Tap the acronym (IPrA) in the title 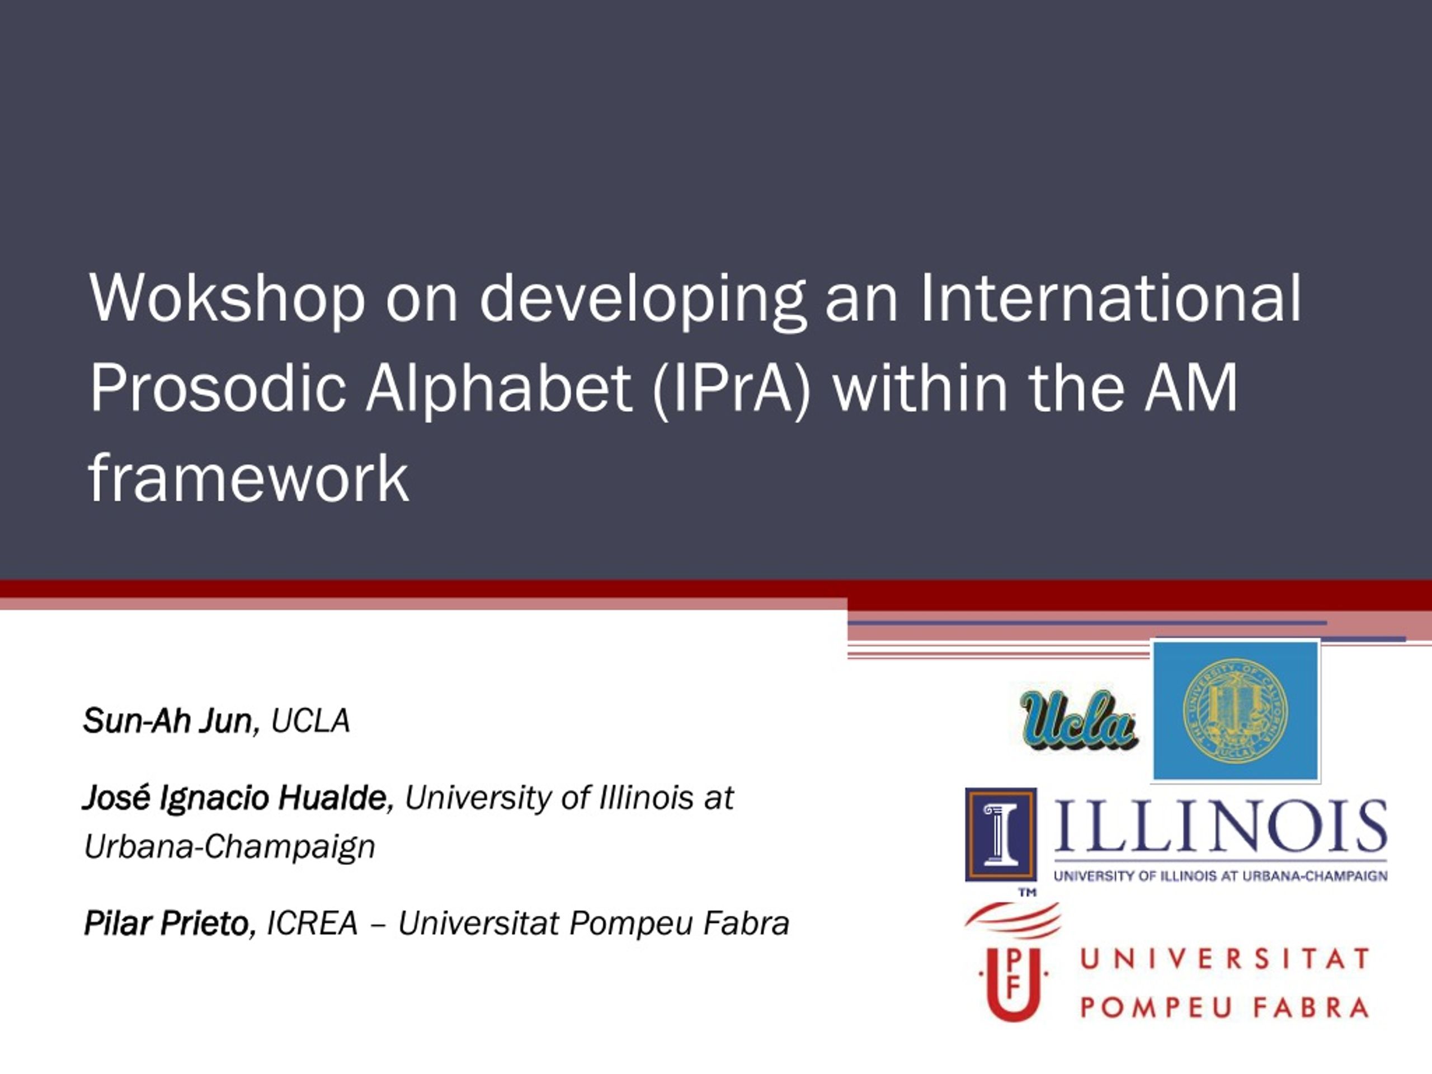pos(732,388)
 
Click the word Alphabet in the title pos(498,388)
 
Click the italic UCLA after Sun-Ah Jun pos(310,720)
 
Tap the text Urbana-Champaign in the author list pos(230,847)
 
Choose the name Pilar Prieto pos(170,923)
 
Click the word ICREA pos(312,923)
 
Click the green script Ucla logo pos(1078,720)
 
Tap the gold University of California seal pos(1235,711)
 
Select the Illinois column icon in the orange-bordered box pos(1000,835)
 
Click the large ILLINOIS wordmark pos(1221,827)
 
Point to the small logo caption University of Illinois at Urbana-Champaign pos(1221,876)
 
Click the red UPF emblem pos(1013,963)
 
